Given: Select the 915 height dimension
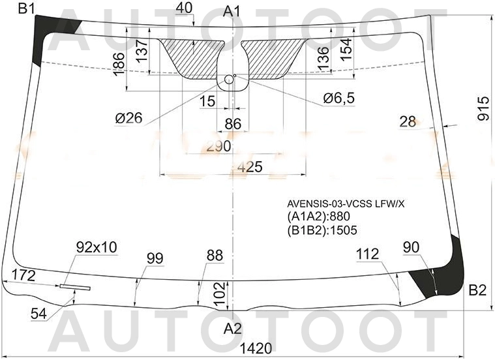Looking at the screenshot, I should [483, 108].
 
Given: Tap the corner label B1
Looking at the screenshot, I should [27, 8].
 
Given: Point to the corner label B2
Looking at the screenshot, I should [477, 290].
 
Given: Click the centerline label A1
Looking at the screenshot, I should [232, 10].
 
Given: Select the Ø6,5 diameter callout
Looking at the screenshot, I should [338, 98].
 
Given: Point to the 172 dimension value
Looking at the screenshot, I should [23, 275].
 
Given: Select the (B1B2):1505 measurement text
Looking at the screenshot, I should [322, 230].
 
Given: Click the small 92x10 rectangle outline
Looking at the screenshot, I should [76, 286].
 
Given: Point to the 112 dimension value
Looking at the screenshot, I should [368, 255].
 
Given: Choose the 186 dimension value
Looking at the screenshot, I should [118, 65].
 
